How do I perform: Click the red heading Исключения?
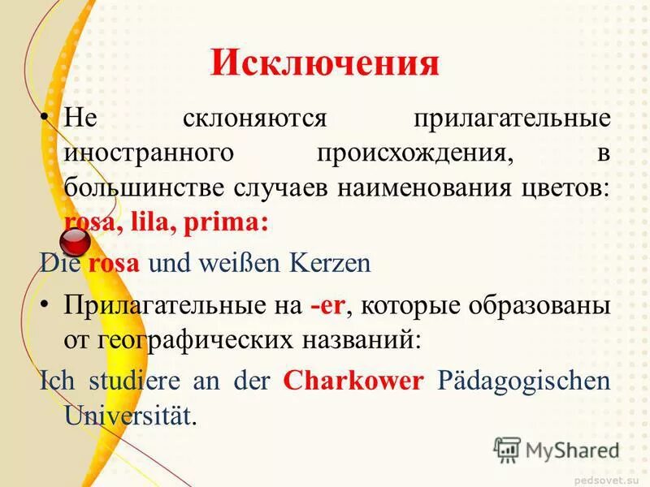tap(324, 63)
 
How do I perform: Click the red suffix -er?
tap(328, 306)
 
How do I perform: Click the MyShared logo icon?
tap(507, 449)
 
